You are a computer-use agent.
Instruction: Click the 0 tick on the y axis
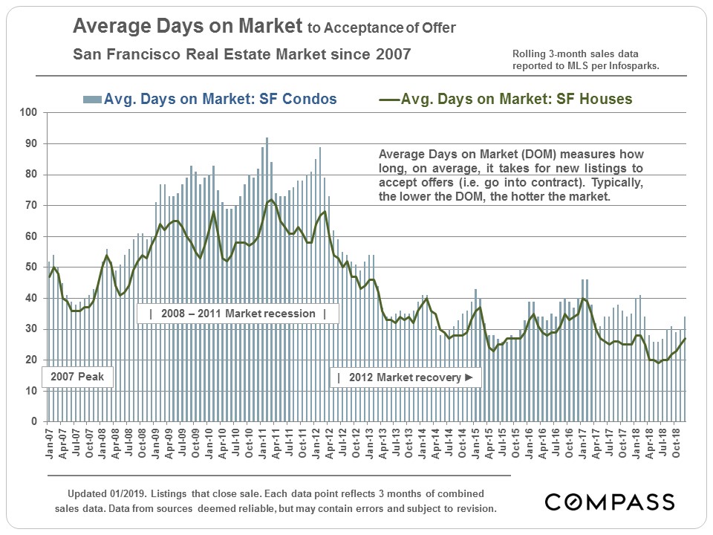[33, 422]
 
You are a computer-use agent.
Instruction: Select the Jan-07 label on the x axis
[50, 441]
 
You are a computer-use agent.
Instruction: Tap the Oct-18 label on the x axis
[677, 441]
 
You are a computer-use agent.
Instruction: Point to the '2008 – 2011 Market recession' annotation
[238, 314]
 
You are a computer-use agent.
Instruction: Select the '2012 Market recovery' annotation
[406, 377]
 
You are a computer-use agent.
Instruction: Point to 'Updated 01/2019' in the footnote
[103, 494]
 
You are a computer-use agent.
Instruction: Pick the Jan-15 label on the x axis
[476, 441]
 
